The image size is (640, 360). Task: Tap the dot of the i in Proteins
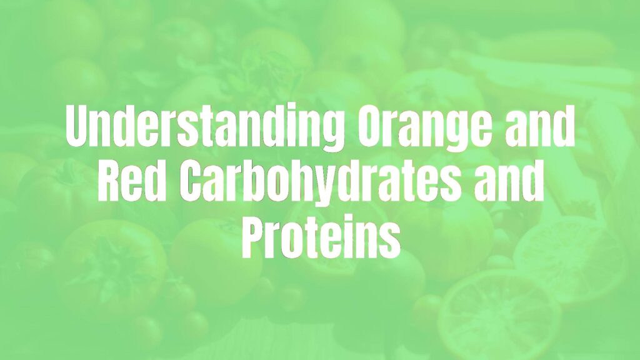[x=349, y=222]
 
